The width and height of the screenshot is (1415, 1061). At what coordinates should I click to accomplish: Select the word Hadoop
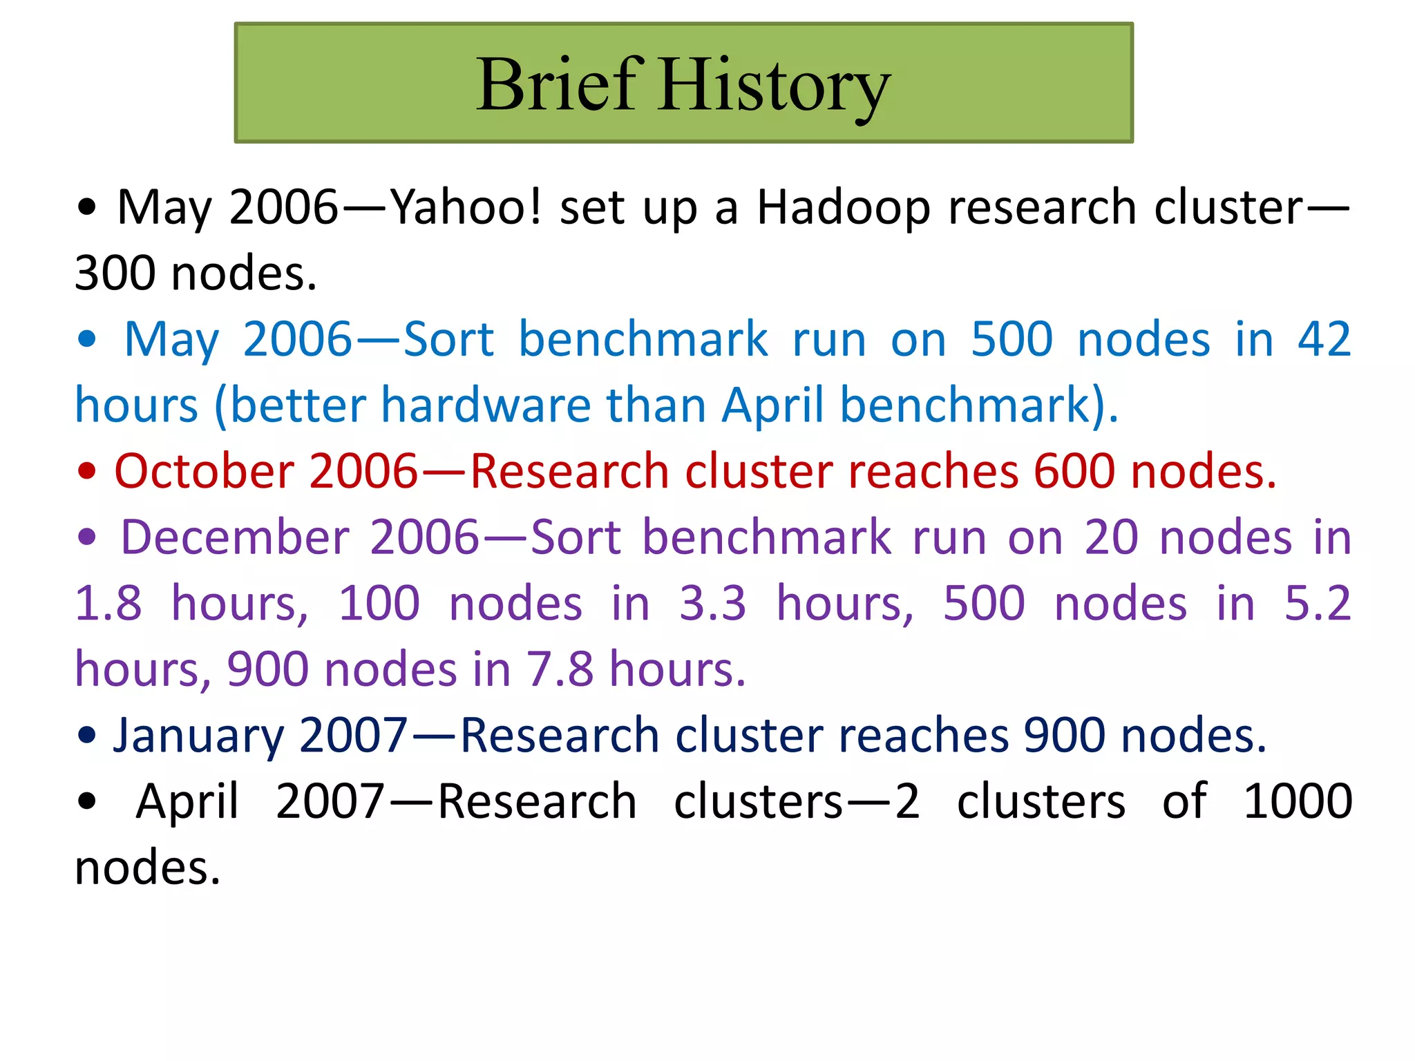pyautogui.click(x=844, y=207)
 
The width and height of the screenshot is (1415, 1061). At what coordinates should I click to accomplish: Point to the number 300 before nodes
pyautogui.click(x=115, y=274)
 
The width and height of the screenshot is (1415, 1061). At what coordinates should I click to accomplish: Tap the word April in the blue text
pyautogui.click(x=773, y=405)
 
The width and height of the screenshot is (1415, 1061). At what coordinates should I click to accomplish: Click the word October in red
pyautogui.click(x=204, y=471)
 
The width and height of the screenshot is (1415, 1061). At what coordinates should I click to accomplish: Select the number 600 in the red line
pyautogui.click(x=1074, y=471)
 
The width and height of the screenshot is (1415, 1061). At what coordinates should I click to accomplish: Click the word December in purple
pyautogui.click(x=235, y=537)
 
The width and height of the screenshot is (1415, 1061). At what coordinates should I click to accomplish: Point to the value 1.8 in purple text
pyautogui.click(x=108, y=604)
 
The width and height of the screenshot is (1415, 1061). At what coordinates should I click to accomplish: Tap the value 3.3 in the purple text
pyautogui.click(x=712, y=604)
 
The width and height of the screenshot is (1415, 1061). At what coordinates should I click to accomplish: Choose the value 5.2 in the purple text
pyautogui.click(x=1317, y=604)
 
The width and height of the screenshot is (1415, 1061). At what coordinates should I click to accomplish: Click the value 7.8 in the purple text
pyautogui.click(x=560, y=669)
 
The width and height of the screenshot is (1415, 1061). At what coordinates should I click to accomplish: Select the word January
pyautogui.click(x=198, y=735)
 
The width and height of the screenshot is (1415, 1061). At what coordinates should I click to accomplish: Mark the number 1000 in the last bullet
pyautogui.click(x=1298, y=801)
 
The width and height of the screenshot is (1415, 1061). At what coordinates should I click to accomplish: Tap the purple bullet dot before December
pyautogui.click(x=86, y=538)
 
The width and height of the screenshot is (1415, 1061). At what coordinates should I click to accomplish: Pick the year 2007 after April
pyautogui.click(x=330, y=801)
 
